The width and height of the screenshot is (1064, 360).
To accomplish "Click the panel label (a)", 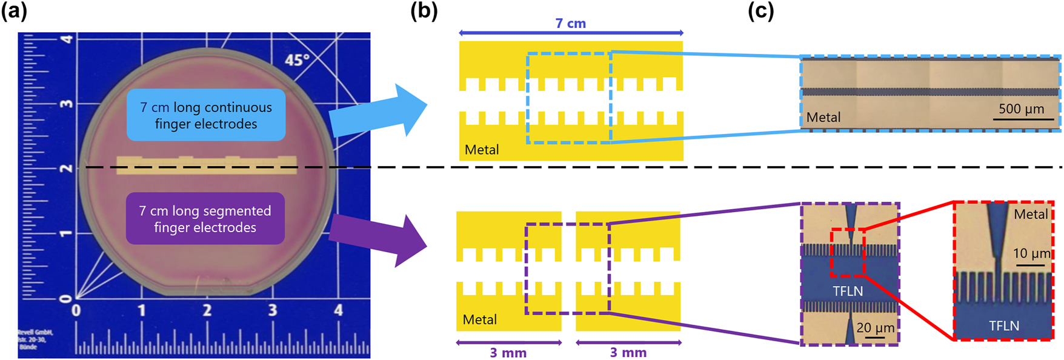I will point(15,11).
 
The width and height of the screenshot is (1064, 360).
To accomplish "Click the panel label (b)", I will point(424,11).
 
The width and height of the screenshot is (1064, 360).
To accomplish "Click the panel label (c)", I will point(761,11).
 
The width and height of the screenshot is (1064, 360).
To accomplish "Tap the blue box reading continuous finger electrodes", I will point(206,115).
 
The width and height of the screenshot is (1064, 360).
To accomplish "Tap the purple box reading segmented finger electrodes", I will point(205,219).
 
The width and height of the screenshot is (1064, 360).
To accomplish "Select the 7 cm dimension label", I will point(570,24).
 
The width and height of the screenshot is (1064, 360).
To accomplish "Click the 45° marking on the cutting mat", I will point(298,60).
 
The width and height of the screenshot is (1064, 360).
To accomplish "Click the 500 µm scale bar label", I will point(1021,109).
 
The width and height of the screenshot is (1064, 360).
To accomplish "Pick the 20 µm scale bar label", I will point(875,328).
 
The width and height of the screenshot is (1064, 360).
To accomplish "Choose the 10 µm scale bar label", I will point(1031,253).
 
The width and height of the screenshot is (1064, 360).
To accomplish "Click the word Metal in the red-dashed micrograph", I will point(1031,214).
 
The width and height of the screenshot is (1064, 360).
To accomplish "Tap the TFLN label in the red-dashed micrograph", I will point(1004,326).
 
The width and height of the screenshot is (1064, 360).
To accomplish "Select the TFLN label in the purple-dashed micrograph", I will point(848,292).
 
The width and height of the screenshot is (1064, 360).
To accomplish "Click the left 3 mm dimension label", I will point(508,353).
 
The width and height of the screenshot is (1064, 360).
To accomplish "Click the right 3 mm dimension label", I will point(628,353).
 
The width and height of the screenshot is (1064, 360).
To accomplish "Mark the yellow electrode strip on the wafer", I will point(206,165).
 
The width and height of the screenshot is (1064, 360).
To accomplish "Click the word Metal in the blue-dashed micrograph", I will point(823,118).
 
